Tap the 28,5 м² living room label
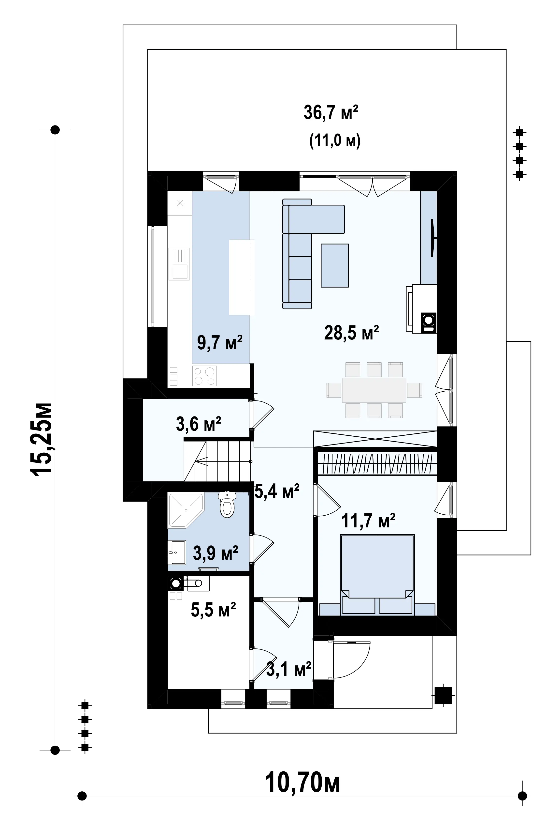pyautogui.click(x=351, y=333)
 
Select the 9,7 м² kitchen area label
pyautogui.click(x=220, y=342)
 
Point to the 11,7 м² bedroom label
pyautogui.click(x=368, y=521)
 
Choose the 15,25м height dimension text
pyautogui.click(x=42, y=439)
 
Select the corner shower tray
pyautogui.click(x=186, y=510)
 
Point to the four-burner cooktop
pyautogui.click(x=204, y=376)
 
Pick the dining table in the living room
pyautogui.click(x=374, y=390)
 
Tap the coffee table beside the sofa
pyautogui.click(x=335, y=265)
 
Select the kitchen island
pyautogui.click(x=241, y=277)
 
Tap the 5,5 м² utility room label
pyautogui.click(x=214, y=610)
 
